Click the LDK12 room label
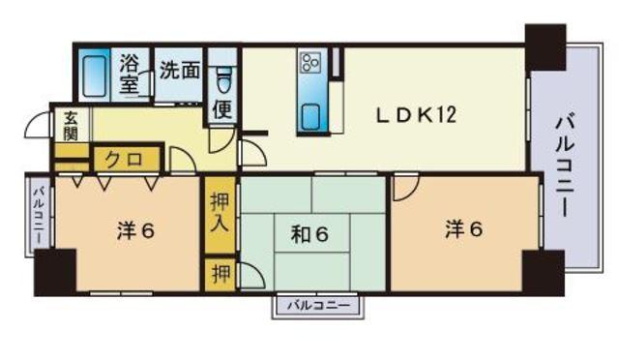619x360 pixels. point(416,115)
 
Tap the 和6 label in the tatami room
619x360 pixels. point(309,235)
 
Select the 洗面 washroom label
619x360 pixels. point(179,71)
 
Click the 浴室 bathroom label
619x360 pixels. point(129,75)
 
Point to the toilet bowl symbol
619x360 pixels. point(223,80)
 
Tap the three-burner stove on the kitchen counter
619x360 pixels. point(309,63)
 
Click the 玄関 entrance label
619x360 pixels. point(71,127)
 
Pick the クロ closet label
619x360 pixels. point(124,160)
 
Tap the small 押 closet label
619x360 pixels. point(221,274)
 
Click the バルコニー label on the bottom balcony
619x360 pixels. point(318,306)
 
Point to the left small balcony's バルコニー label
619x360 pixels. point(39,216)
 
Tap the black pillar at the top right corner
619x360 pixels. point(545,47)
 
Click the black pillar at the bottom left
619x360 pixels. point(55,272)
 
